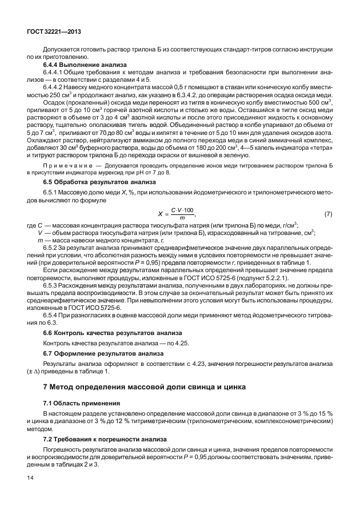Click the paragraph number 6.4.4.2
pyautogui.click(x=57, y=87)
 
